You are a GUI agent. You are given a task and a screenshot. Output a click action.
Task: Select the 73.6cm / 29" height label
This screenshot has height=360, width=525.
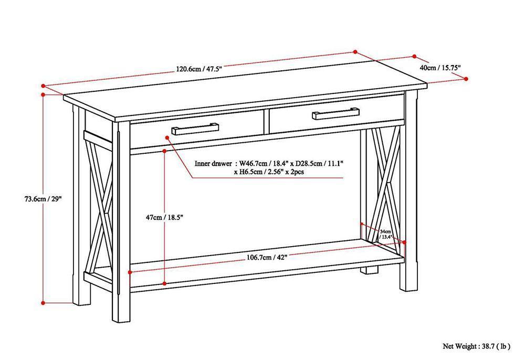coord(43,199)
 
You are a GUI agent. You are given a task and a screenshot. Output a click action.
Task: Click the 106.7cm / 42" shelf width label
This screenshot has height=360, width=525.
coord(267,257)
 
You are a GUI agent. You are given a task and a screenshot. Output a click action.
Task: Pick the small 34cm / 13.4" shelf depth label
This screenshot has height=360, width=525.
coord(386,234)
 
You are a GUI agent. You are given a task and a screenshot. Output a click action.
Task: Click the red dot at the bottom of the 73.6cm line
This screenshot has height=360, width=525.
coord(43,302)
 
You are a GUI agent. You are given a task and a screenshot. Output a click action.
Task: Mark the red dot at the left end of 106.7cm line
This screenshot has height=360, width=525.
coord(130,271)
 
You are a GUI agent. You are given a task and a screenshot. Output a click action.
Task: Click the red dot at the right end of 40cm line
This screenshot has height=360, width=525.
coord(466,79)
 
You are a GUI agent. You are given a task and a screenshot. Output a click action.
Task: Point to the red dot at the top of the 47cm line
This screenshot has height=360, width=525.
coord(165,151)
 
